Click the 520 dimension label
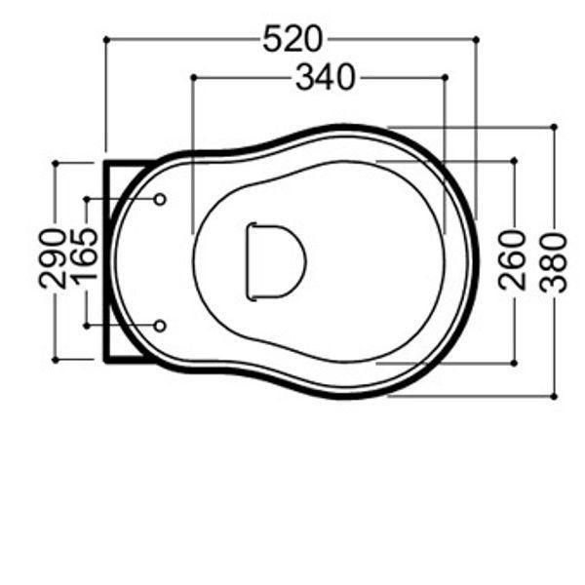(x=292, y=39)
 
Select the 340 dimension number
(x=326, y=77)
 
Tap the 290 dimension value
(x=53, y=259)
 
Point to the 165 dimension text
(x=84, y=255)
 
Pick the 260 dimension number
(x=512, y=260)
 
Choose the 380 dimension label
(x=553, y=262)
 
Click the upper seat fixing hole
(x=160, y=200)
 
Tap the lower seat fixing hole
(x=160, y=326)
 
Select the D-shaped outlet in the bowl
(x=276, y=262)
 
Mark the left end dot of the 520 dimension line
(x=106, y=39)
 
